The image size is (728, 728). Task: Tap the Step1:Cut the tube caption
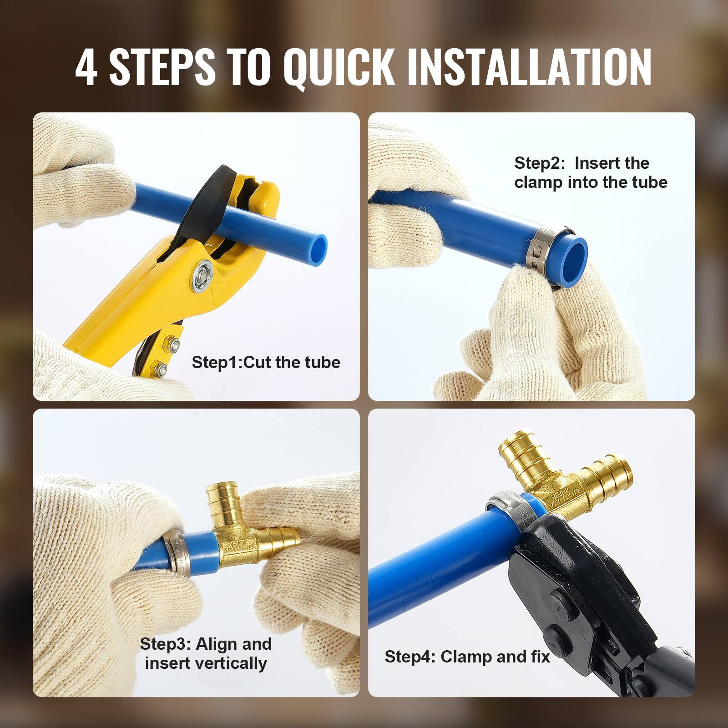[x=266, y=363]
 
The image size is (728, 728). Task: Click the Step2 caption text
[x=590, y=172]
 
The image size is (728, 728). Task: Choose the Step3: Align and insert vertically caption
[x=206, y=653]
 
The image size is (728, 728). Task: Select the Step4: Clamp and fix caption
[x=467, y=657]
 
